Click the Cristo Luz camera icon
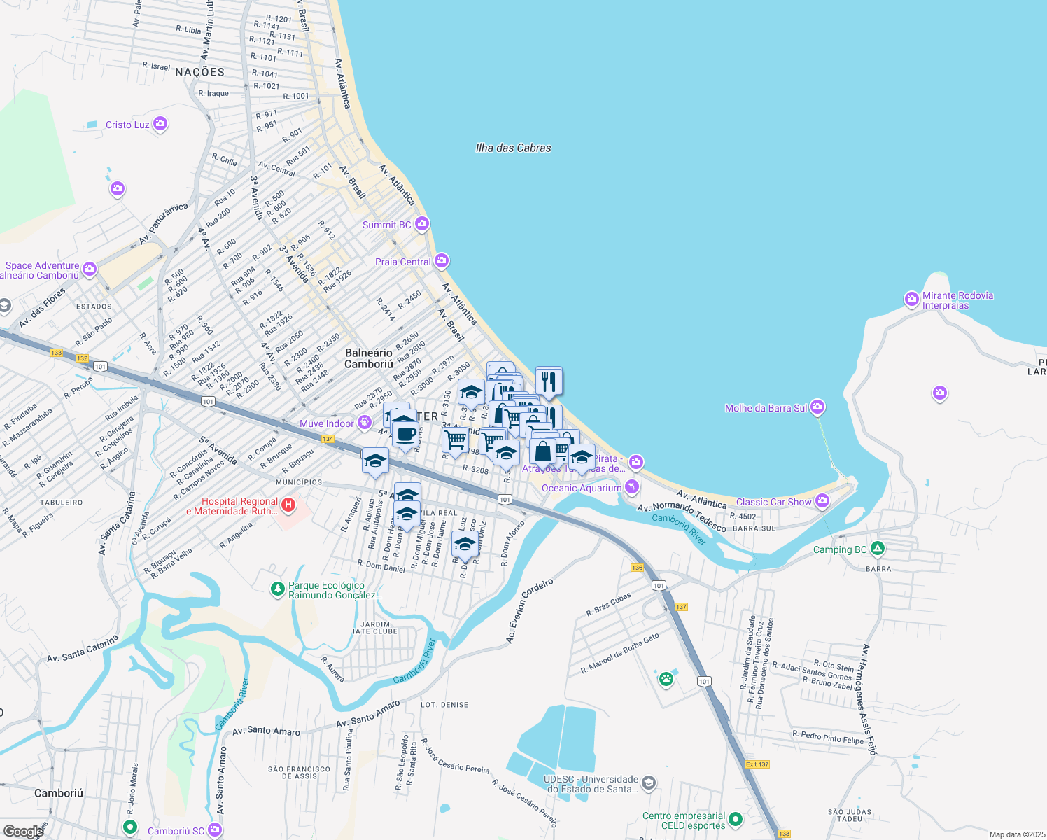pos(160,124)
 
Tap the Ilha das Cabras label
pos(513,148)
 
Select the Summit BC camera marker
pos(421,224)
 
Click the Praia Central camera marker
pos(441,261)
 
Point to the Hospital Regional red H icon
pos(287,505)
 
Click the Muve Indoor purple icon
pos(364,422)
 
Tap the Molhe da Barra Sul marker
pos(817,407)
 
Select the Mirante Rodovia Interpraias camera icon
pos(911,299)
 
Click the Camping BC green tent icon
pos(878,549)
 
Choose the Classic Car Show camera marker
pos(822,501)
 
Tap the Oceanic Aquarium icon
pos(632,486)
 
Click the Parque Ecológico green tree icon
pos(278,589)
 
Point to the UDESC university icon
pos(649,783)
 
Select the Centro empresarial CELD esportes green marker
pos(735,819)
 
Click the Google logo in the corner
pos(23,831)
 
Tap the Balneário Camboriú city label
pos(369,358)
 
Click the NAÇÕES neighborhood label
pos(199,72)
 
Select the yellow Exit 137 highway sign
pos(757,764)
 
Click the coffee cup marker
pos(405,434)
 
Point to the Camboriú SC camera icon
pos(215,829)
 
